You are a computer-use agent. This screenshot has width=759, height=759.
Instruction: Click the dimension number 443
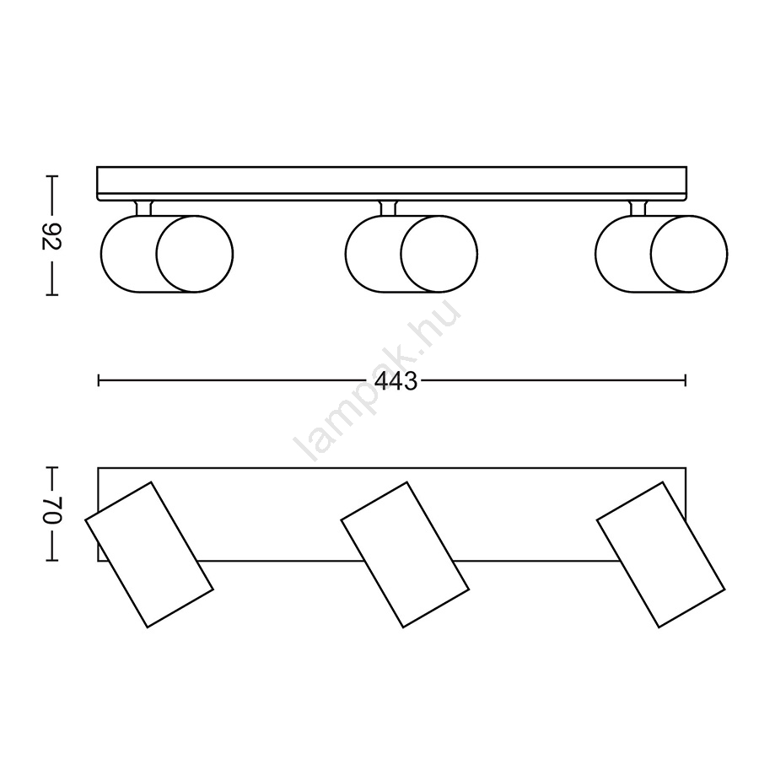point(396,381)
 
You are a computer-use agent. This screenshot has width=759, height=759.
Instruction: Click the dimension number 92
point(51,236)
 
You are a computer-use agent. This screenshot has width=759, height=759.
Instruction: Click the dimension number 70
point(51,510)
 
